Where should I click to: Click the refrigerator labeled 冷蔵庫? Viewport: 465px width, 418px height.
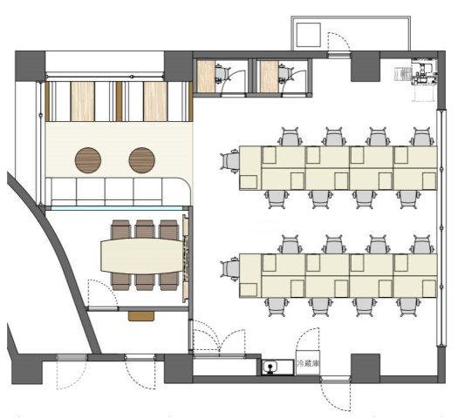tap(308, 363)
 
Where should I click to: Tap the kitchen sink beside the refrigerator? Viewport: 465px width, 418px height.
tap(270, 367)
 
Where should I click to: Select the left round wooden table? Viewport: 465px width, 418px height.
tap(88, 160)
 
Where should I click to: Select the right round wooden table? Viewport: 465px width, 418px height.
tap(142, 160)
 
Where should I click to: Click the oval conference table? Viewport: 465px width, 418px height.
tap(142, 256)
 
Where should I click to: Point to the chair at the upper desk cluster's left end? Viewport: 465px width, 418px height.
tap(230, 161)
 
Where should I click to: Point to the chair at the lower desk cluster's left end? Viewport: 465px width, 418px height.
tap(230, 269)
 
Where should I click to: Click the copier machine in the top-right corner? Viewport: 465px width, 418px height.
tap(424, 72)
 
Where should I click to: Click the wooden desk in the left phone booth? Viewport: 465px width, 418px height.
tap(206, 77)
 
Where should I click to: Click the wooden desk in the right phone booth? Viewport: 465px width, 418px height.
tap(270, 77)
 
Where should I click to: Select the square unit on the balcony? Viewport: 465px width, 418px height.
tap(309, 35)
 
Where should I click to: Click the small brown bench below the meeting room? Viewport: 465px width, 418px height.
tap(141, 316)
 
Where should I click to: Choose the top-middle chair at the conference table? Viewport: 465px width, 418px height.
tap(145, 230)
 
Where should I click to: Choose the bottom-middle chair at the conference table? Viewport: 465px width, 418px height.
tap(145, 281)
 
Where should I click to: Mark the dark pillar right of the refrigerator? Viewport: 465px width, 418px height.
tap(366, 367)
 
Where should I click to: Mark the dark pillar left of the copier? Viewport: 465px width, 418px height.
tap(366, 66)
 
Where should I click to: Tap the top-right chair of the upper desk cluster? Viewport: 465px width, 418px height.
tap(421, 137)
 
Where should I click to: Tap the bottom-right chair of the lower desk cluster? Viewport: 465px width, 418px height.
tap(408, 307)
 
